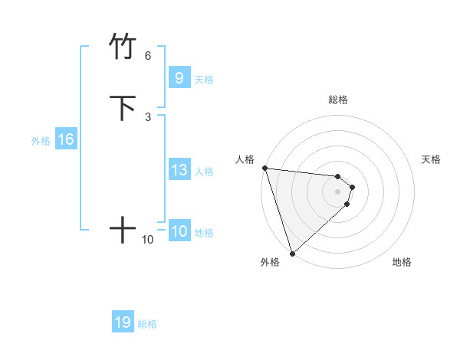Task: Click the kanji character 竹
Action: [x=123, y=47]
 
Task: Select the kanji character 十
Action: [x=123, y=229]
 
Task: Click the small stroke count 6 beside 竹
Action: [x=148, y=56]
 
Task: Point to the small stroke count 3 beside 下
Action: [x=148, y=117]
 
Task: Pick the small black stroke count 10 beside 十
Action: [x=148, y=240]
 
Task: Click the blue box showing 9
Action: [x=179, y=78]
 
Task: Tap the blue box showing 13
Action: [x=179, y=170]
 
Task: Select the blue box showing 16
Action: [x=66, y=139]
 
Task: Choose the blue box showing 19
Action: [x=123, y=322]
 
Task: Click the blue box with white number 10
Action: [x=179, y=231]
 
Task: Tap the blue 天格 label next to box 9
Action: [x=204, y=80]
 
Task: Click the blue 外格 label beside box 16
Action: [x=41, y=141]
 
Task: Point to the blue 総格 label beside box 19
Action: [x=147, y=324]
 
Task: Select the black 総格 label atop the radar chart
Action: [x=337, y=100]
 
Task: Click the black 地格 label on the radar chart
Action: [x=402, y=262]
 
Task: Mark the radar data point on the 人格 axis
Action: [x=264, y=168]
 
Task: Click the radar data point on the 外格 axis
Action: [x=292, y=253]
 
